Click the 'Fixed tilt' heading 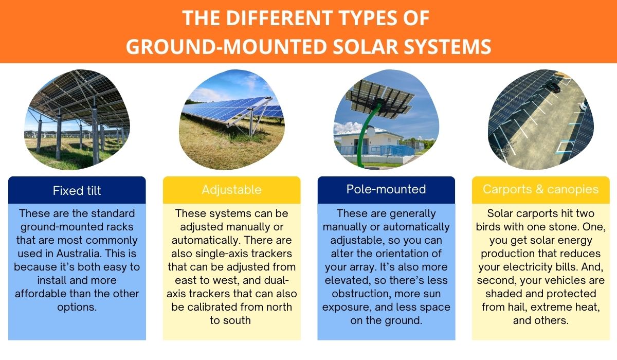77,191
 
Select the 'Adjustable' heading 231,190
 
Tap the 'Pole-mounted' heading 386,189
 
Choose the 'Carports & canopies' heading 540,189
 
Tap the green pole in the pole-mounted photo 369,134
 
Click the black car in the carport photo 552,87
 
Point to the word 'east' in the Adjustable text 179,280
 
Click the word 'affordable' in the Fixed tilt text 40,294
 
